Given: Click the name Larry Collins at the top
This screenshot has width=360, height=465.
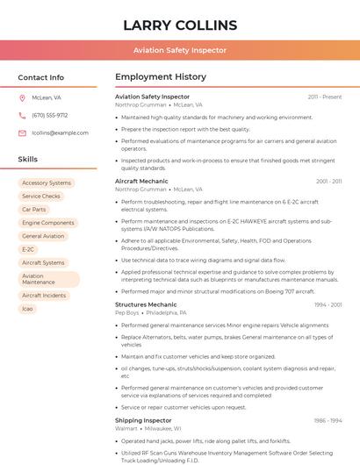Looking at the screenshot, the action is click(x=180, y=25).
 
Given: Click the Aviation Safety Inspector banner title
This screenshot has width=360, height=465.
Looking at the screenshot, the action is click(x=180, y=50).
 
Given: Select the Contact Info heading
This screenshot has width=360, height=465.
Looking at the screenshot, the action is click(x=40, y=77).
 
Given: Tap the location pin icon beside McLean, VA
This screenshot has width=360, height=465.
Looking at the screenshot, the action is click(x=22, y=98).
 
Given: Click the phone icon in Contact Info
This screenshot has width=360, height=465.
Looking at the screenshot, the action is click(x=22, y=115).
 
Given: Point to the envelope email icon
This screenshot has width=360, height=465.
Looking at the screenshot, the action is click(x=22, y=132).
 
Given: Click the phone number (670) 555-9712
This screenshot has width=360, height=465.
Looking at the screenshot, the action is click(x=49, y=115).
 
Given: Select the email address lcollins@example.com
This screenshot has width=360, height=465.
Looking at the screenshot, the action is click(x=60, y=132).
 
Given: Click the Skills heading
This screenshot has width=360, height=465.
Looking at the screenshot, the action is click(x=28, y=160).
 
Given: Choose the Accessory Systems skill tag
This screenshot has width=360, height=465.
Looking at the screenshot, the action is click(x=47, y=183).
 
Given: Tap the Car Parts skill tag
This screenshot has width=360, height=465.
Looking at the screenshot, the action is click(x=34, y=210).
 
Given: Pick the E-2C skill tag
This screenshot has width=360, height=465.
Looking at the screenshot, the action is click(x=28, y=249).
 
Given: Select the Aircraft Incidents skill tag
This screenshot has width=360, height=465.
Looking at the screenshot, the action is click(x=44, y=296).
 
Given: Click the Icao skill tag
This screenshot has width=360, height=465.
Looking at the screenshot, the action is click(x=28, y=309).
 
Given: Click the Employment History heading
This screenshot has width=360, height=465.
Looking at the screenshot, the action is click(x=161, y=77).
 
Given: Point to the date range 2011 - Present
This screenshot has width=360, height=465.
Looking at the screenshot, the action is click(x=324, y=97).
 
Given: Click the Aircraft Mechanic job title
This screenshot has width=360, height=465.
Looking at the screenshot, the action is click(x=141, y=181).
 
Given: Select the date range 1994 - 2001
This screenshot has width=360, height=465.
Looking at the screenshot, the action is click(x=328, y=304).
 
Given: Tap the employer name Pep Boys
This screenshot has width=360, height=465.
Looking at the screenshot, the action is click(x=127, y=312).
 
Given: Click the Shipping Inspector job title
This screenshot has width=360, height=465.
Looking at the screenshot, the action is click(x=143, y=420).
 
